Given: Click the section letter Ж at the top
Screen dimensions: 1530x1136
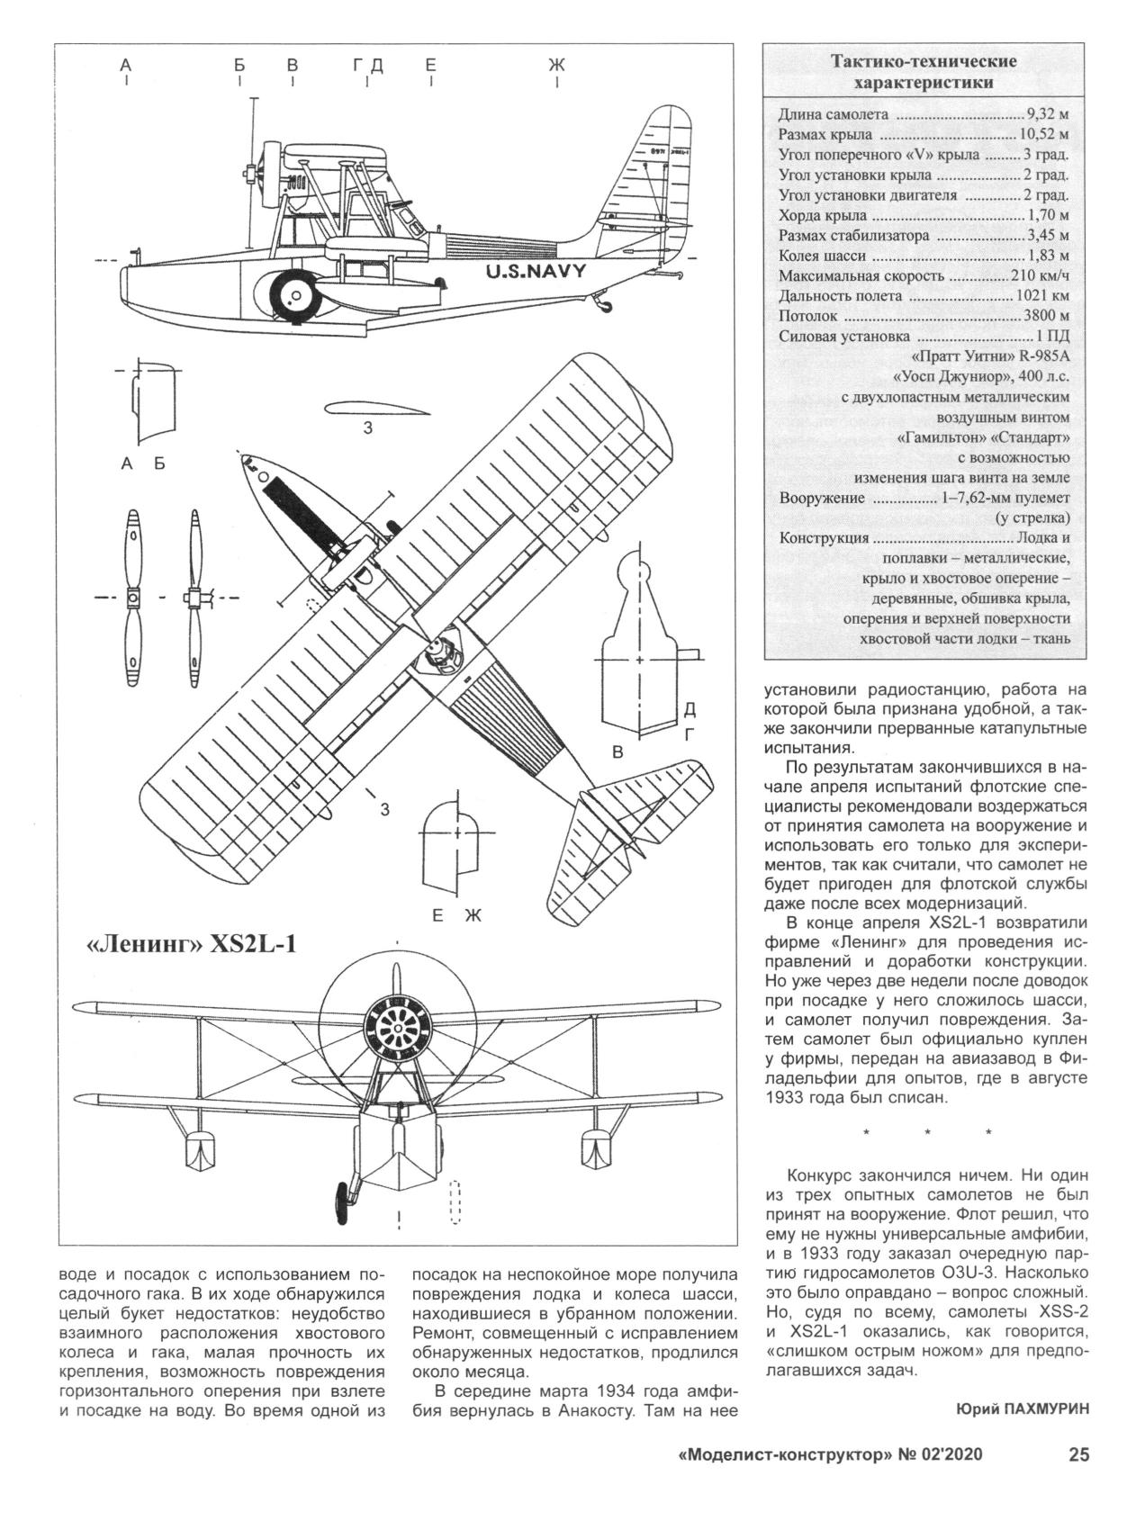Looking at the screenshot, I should (556, 65).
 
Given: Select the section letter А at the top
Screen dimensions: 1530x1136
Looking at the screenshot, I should (126, 65).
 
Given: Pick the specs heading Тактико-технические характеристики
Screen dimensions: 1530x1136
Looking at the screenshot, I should (923, 72).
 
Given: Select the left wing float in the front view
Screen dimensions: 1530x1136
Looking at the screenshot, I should (199, 1152).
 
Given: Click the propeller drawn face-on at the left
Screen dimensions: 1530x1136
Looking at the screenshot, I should (132, 598).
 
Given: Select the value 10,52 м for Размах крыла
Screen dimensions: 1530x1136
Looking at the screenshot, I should (1042, 134).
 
